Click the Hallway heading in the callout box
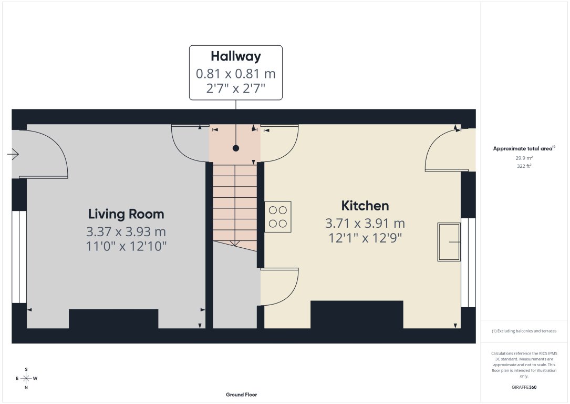click(x=236, y=56)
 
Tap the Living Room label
click(x=126, y=214)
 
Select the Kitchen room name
click(x=365, y=206)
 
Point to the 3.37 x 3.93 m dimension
click(x=126, y=231)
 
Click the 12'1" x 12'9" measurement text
click(x=365, y=238)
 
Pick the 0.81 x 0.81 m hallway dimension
click(x=236, y=74)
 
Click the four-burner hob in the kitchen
click(x=278, y=217)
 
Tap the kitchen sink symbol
click(x=449, y=242)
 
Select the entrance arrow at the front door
click(x=13, y=154)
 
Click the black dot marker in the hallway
click(x=236, y=148)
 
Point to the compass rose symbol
click(x=26, y=378)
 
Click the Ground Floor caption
click(x=241, y=395)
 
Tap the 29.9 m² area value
click(x=523, y=158)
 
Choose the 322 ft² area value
click(x=523, y=166)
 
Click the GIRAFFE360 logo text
click(x=524, y=387)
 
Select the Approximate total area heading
click(x=523, y=149)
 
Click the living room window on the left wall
click(x=19, y=257)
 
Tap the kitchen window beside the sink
click(x=468, y=262)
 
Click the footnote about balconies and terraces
click(x=524, y=331)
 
